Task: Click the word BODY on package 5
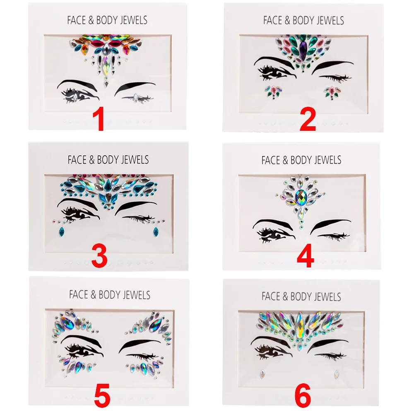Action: pos(110,295)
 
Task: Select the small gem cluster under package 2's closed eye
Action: pos(332,91)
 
